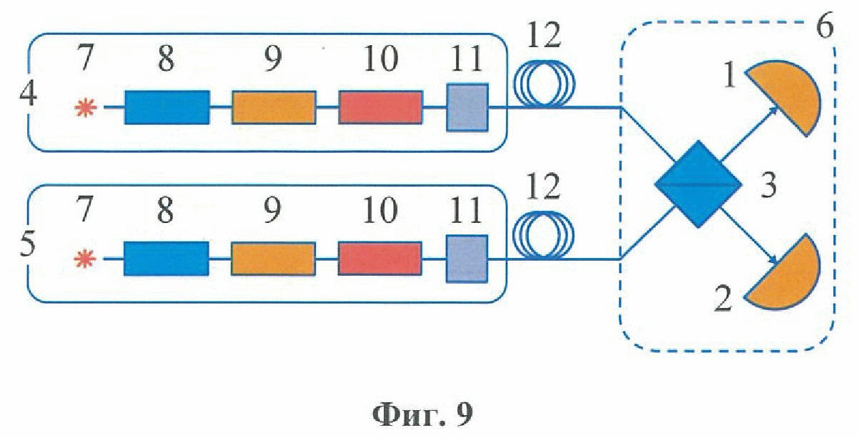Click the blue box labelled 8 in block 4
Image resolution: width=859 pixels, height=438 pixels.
pos(167,107)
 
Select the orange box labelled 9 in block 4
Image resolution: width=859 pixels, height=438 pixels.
pos(274,107)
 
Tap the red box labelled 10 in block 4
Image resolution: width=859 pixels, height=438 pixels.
pos(379,107)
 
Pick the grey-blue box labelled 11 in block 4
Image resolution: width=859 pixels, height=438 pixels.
pos(467,107)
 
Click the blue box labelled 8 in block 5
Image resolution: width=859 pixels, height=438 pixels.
pos(167,259)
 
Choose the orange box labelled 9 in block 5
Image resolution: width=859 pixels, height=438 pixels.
pos(273,259)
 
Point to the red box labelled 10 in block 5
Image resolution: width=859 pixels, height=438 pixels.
pos(379,259)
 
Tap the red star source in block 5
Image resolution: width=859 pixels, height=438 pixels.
pos(85,259)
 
